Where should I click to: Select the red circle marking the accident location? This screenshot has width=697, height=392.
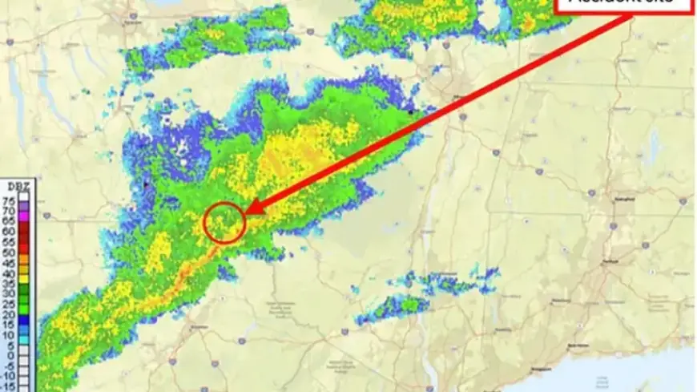224,222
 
